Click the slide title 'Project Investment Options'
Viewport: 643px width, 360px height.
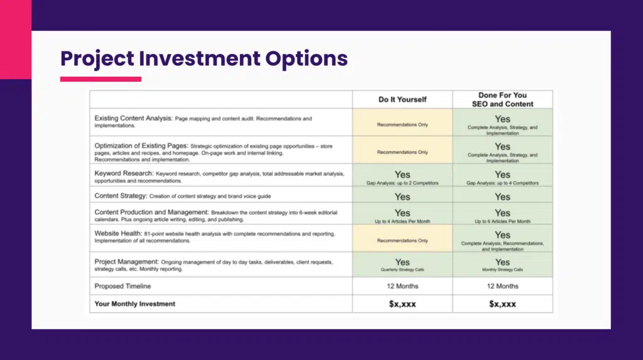tap(203, 58)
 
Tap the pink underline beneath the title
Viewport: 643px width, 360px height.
tap(100, 79)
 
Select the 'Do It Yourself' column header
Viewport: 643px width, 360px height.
tap(402, 99)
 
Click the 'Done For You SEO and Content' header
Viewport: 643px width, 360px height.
tap(502, 99)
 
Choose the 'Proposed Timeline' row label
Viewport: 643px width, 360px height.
tap(123, 286)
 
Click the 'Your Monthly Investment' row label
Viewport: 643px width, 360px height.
tap(135, 303)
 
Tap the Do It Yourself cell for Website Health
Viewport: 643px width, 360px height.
tap(402, 239)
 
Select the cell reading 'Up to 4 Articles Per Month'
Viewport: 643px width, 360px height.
tap(402, 215)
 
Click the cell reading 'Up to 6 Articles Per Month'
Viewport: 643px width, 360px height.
tap(502, 215)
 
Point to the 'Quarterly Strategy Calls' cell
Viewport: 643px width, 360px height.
tap(402, 265)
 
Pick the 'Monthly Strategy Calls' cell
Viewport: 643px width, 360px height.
tap(502, 265)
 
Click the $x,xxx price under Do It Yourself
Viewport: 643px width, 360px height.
tap(402, 304)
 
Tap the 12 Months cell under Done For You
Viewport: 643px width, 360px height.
tap(502, 286)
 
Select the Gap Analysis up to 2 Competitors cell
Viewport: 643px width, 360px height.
tap(402, 177)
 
